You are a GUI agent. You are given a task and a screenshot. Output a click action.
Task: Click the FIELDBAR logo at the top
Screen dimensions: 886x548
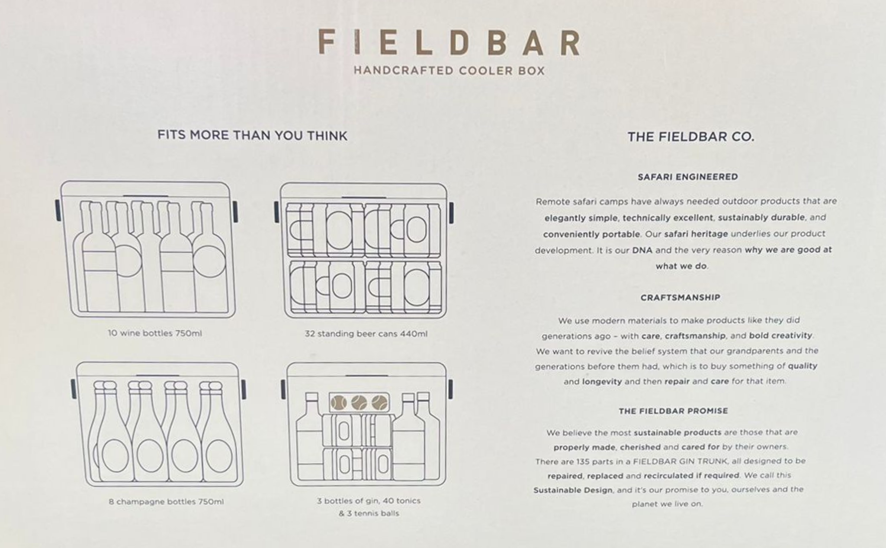[449, 43]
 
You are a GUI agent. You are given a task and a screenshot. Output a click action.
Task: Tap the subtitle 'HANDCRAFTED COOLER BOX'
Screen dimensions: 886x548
[449, 70]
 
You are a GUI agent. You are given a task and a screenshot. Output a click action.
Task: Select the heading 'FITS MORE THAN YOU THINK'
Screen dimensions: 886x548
[252, 135]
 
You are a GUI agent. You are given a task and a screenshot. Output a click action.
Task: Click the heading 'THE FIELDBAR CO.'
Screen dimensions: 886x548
[691, 137]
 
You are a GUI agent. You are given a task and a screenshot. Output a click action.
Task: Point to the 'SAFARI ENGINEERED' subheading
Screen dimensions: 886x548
[688, 177]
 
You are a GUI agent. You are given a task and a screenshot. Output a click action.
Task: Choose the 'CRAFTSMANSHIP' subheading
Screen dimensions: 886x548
[681, 297]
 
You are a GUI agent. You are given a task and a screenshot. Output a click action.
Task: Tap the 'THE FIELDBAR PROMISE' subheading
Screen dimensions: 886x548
[673, 411]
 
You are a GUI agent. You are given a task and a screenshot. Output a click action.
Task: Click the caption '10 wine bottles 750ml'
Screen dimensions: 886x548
[155, 333]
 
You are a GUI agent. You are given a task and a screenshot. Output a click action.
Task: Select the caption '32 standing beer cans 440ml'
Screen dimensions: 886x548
[366, 334]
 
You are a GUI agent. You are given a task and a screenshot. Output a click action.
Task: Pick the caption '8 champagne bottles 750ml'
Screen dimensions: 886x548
[166, 502]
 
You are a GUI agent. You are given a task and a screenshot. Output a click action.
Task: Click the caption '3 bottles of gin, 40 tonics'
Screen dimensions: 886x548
[369, 500]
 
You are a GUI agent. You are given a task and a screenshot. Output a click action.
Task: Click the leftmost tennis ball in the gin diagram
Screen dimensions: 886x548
[339, 403]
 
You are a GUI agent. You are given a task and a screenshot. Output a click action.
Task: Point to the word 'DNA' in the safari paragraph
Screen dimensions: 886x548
[642, 250]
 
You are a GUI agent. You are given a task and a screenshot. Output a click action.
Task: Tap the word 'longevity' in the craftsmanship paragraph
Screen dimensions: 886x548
[602, 382]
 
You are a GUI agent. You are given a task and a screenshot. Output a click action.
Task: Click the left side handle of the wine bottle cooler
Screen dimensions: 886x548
[58, 210]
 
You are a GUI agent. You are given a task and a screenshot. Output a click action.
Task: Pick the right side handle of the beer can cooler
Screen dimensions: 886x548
[451, 213]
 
